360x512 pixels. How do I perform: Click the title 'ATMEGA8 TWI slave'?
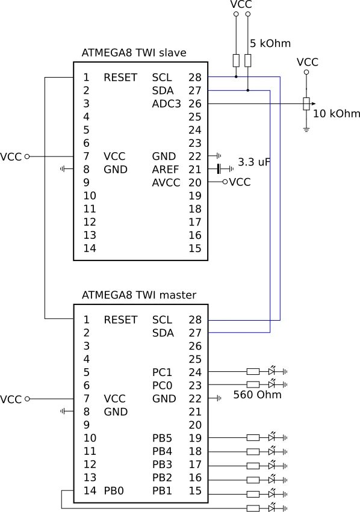pyautogui.click(x=134, y=52)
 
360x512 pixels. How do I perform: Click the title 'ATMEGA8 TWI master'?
pyautogui.click(x=139, y=295)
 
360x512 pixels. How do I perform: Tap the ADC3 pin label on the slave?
pyautogui.click(x=166, y=103)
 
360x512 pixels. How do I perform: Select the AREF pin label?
pyautogui.click(x=166, y=169)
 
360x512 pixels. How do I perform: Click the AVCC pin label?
pyautogui.click(x=166, y=182)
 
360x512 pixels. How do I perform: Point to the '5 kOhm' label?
pyautogui.click(x=270, y=43)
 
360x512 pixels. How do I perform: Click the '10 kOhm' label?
pyautogui.click(x=337, y=113)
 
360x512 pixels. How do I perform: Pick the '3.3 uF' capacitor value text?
pyautogui.click(x=254, y=162)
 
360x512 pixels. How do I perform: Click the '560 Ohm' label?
pyautogui.click(x=258, y=395)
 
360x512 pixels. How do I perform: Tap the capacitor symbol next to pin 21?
pyautogui.click(x=219, y=169)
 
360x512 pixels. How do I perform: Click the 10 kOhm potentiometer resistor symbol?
pyautogui.click(x=306, y=103)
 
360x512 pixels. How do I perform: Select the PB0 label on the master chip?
pyautogui.click(x=114, y=490)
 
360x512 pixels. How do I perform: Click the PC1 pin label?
pyautogui.click(x=162, y=372)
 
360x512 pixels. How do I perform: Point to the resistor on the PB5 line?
pyautogui.click(x=253, y=437)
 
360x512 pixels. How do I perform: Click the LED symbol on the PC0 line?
pyautogui.click(x=272, y=384)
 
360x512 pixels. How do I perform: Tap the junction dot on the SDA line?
pyautogui.click(x=247, y=90)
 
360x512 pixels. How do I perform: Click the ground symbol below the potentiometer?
pyautogui.click(x=306, y=129)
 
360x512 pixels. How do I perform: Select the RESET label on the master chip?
pyautogui.click(x=120, y=319)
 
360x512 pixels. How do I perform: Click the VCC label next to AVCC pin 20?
pyautogui.click(x=240, y=182)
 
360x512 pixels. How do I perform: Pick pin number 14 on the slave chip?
pyautogui.click(x=90, y=248)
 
